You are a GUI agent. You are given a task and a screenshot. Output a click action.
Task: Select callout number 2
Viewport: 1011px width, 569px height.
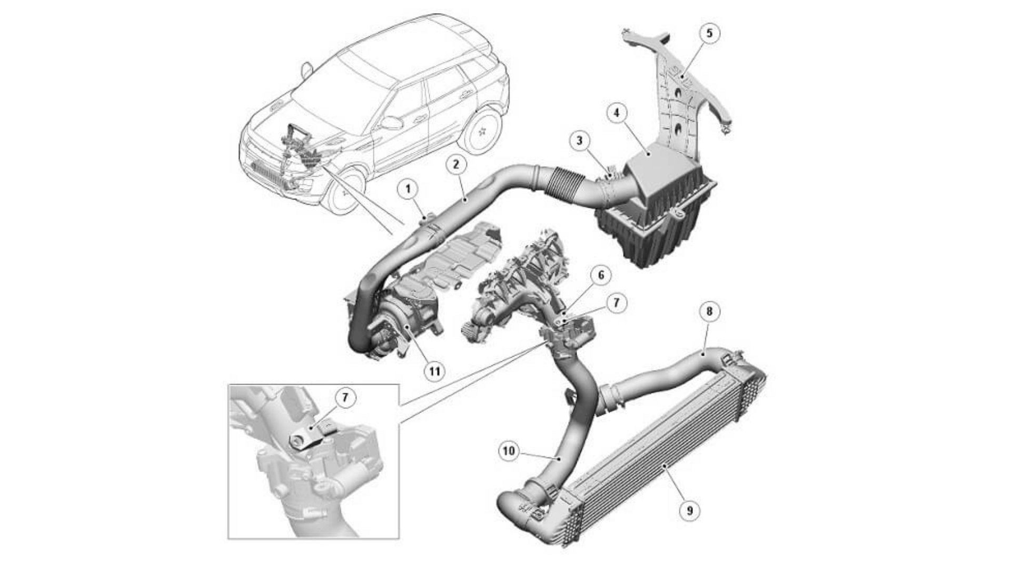pos(456,164)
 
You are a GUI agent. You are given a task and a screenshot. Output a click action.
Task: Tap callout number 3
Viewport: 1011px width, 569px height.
pos(579,141)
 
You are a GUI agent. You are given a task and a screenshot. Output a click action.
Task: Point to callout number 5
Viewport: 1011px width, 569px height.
pos(709,34)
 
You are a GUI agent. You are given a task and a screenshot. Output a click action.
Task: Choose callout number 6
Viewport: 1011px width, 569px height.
pos(601,275)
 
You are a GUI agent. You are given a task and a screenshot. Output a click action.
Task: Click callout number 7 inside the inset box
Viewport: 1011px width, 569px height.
pos(345,398)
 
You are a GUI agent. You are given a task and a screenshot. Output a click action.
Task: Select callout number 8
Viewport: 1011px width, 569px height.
pos(709,312)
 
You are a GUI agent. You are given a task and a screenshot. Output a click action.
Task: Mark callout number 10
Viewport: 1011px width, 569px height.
pos(509,451)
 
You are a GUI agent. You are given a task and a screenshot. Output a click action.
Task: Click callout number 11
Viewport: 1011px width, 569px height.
pos(434,371)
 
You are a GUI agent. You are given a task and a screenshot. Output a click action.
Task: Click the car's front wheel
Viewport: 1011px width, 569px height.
pos(345,191)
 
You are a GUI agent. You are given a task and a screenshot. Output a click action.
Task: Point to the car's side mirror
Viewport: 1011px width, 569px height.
pos(390,123)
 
